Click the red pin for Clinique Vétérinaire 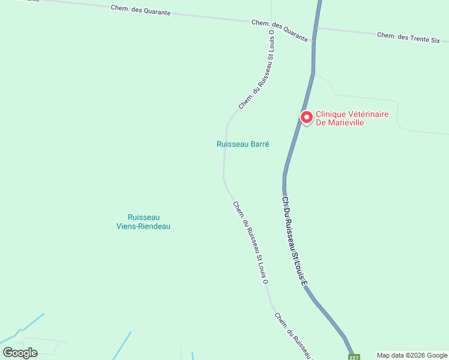306,117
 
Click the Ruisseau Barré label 243,144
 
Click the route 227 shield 354,357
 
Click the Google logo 20,353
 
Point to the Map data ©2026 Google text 412,355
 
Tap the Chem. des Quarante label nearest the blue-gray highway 280,30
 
